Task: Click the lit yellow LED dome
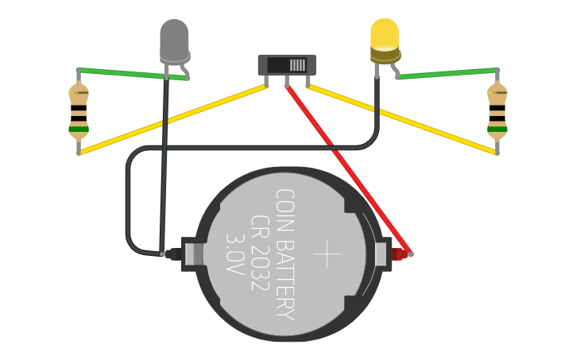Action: click(x=385, y=35)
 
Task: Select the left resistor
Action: click(x=79, y=111)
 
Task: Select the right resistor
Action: click(x=497, y=111)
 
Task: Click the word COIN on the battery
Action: click(x=284, y=207)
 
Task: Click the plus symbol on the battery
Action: click(x=327, y=254)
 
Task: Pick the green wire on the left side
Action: click(x=131, y=73)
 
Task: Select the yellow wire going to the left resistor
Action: click(x=171, y=118)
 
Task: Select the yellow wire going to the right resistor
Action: click(x=405, y=119)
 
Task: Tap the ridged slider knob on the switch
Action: click(x=297, y=65)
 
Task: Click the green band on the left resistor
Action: click(x=79, y=128)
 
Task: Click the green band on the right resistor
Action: click(x=497, y=128)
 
